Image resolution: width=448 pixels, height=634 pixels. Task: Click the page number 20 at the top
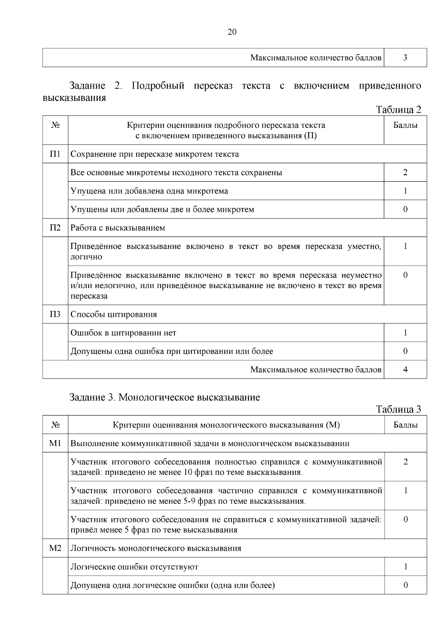pyautogui.click(x=232, y=32)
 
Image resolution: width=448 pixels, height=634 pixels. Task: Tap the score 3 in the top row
pyautogui.click(x=405, y=58)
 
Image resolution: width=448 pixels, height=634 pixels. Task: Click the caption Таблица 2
pyautogui.click(x=398, y=109)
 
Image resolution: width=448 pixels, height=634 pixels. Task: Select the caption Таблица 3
pyautogui.click(x=398, y=409)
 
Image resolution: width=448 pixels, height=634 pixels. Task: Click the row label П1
pyautogui.click(x=55, y=154)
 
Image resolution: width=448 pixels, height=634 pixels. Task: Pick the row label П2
pyautogui.click(x=55, y=228)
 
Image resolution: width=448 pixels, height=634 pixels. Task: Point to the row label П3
pyautogui.click(x=55, y=314)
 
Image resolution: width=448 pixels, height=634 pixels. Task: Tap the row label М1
pyautogui.click(x=55, y=443)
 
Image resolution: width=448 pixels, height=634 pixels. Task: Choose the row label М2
pyautogui.click(x=55, y=548)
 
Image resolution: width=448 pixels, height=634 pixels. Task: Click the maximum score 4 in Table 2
pyautogui.click(x=405, y=370)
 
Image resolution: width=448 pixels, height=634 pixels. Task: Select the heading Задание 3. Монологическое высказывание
pyautogui.click(x=165, y=397)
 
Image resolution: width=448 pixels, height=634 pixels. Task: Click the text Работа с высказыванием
pyautogui.click(x=118, y=228)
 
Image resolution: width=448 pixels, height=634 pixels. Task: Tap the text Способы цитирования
pyautogui.click(x=113, y=314)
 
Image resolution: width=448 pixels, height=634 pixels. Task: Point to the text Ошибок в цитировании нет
pyautogui.click(x=123, y=333)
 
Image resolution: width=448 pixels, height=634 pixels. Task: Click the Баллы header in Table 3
pyautogui.click(x=405, y=425)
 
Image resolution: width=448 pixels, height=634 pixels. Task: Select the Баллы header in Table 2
pyautogui.click(x=405, y=126)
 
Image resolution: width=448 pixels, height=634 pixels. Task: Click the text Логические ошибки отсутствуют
pyautogui.click(x=134, y=567)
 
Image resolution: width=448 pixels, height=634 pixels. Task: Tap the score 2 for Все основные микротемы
pyautogui.click(x=405, y=173)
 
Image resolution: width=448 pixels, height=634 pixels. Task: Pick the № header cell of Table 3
pyautogui.click(x=55, y=425)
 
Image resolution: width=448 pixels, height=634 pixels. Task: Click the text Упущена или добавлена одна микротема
pyautogui.click(x=149, y=191)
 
